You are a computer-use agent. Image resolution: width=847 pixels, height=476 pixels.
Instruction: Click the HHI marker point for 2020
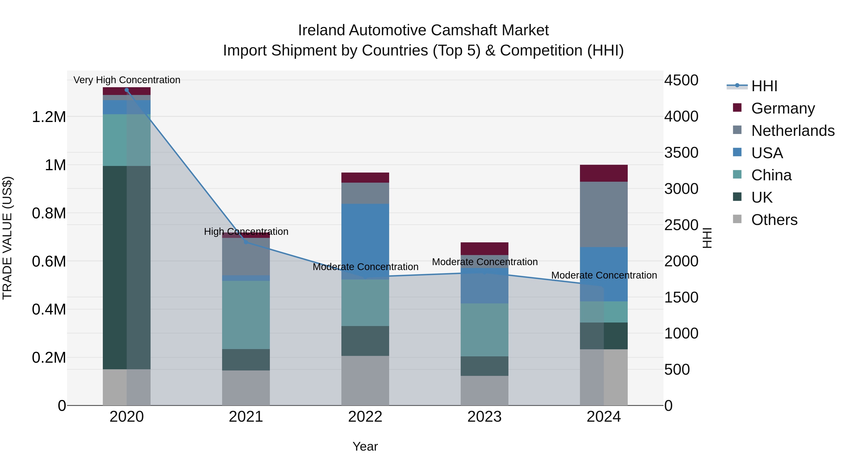127,90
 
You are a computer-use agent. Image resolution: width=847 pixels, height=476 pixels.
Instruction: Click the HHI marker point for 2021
246,242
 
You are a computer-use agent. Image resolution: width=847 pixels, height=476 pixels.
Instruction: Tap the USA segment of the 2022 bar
365,241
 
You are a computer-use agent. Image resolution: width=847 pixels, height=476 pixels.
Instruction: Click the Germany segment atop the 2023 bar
484,248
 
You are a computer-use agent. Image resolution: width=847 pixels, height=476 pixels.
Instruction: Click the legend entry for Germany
783,108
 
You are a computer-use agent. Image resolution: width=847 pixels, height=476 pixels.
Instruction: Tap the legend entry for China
771,175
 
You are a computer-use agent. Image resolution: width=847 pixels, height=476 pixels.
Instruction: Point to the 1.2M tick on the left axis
49,117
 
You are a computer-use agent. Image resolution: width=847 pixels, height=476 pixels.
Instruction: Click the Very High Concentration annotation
127,80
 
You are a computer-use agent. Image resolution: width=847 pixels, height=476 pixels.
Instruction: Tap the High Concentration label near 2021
246,231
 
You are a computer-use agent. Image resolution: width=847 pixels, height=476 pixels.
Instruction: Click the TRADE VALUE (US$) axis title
7,238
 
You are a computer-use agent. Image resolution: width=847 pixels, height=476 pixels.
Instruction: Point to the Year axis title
365,446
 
